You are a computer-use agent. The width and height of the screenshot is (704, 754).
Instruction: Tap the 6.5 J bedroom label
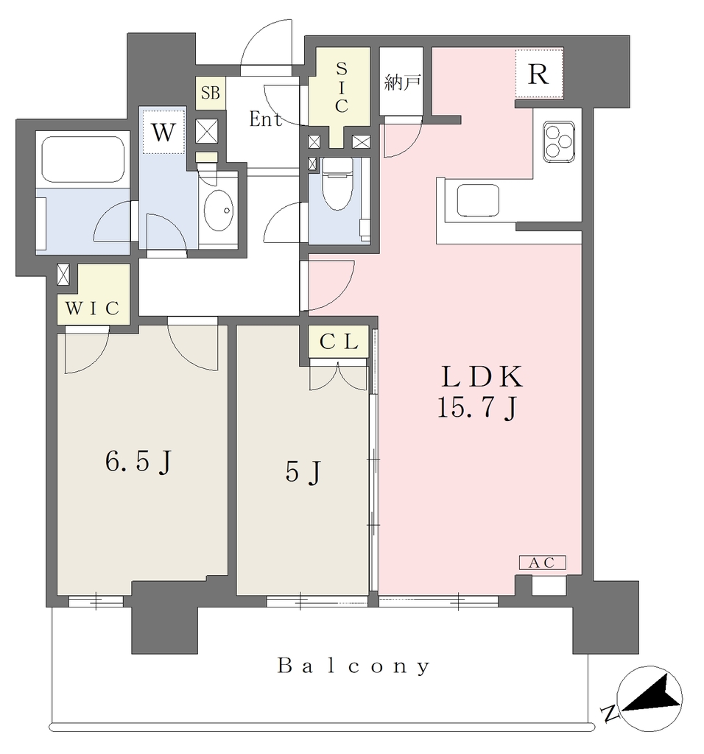pyautogui.click(x=138, y=462)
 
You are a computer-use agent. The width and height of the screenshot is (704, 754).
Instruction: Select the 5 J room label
pyautogui.click(x=303, y=471)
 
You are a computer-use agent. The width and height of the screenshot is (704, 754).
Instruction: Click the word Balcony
pyautogui.click(x=353, y=666)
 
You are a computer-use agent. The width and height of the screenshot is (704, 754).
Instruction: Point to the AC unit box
pyautogui.click(x=543, y=563)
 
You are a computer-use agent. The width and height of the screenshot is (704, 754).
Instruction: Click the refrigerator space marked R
pyautogui.click(x=538, y=74)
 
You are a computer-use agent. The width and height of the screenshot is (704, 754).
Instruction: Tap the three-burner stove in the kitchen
pyautogui.click(x=559, y=141)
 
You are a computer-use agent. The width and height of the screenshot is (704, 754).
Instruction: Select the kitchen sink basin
pyautogui.click(x=478, y=200)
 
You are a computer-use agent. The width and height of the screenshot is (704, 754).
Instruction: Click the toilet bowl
pyautogui.click(x=337, y=185)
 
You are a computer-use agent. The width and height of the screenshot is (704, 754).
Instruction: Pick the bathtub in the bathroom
pyautogui.click(x=82, y=159)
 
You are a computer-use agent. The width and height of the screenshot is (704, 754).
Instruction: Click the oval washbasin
pyautogui.click(x=219, y=211)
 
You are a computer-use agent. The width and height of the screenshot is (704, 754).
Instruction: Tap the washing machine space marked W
pyautogui.click(x=163, y=131)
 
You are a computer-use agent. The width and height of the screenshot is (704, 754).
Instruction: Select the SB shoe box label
pyautogui.click(x=210, y=92)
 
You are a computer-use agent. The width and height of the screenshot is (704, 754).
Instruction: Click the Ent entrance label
pyautogui.click(x=266, y=119)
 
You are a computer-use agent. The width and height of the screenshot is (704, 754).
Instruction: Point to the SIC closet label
pyautogui.click(x=342, y=88)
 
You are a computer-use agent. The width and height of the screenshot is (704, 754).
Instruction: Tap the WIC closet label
pyautogui.click(x=92, y=308)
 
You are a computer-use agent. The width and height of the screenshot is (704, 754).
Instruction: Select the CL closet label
pyautogui.click(x=339, y=342)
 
